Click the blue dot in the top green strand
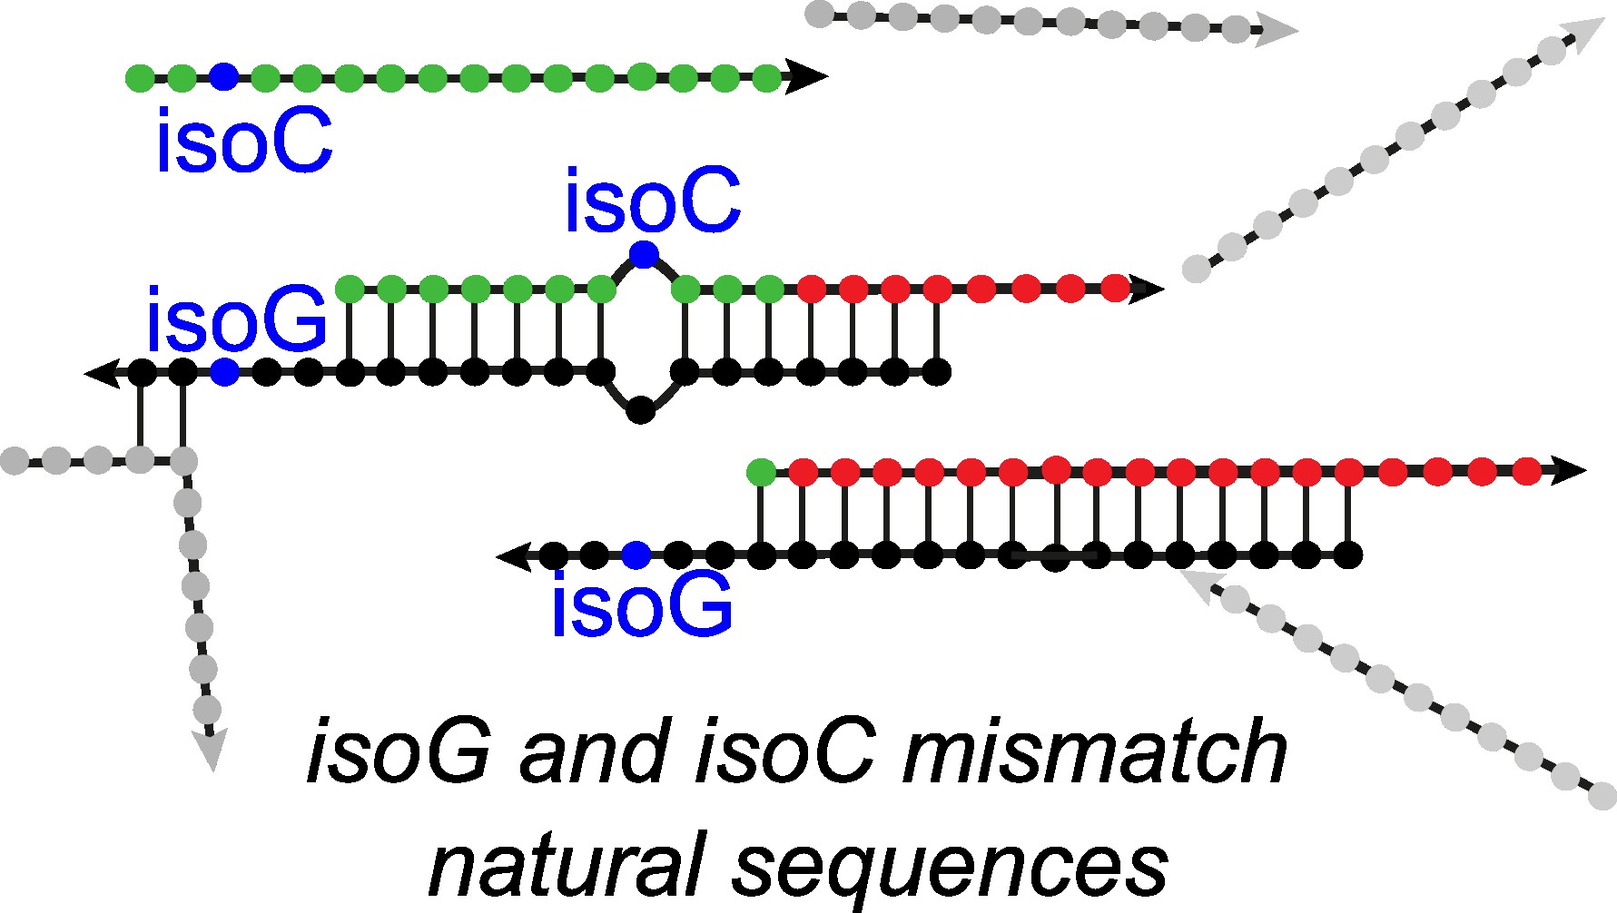(223, 77)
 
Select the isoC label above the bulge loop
(652, 202)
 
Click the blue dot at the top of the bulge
(643, 254)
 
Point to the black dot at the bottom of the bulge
(641, 410)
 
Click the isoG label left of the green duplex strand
(236, 319)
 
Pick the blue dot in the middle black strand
(224, 372)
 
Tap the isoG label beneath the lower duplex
(642, 606)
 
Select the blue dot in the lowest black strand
(636, 555)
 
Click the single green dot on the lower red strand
(761, 472)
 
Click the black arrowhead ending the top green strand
(806, 77)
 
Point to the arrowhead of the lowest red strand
(1565, 471)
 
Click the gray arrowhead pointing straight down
(211, 751)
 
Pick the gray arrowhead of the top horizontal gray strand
(1278, 32)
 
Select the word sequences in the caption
(950, 867)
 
